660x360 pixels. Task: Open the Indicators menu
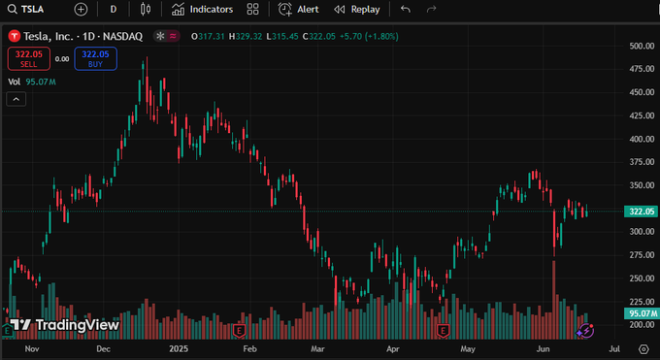click(202, 9)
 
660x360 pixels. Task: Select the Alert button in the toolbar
click(298, 9)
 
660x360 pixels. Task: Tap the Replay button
click(356, 9)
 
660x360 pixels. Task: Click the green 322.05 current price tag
click(643, 212)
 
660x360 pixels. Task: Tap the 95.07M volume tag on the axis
click(643, 313)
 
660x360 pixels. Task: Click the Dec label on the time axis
click(104, 346)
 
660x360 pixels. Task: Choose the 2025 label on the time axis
click(178, 346)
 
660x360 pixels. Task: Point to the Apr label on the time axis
click(393, 346)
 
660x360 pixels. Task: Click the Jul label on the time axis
click(612, 346)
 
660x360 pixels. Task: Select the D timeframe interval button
click(114, 9)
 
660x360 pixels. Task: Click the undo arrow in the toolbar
click(405, 9)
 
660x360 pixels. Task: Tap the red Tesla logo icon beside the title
click(14, 37)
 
